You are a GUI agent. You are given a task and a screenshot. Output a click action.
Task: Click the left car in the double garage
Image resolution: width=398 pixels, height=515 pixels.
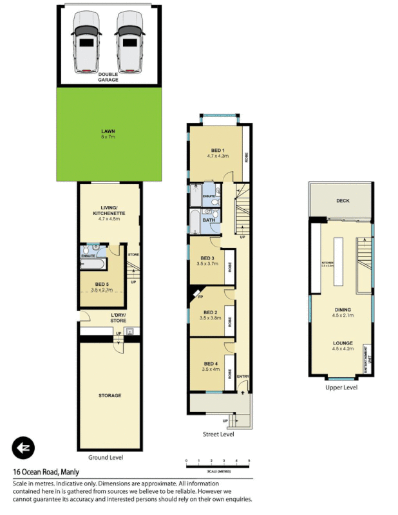[86, 42]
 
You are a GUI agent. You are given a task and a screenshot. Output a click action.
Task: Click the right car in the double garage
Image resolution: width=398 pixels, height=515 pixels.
[129, 42]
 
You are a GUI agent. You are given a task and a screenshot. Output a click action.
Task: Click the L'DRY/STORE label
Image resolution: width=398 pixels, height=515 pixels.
[108, 317]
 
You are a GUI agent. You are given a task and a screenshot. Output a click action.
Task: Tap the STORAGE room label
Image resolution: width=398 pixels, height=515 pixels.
[109, 395]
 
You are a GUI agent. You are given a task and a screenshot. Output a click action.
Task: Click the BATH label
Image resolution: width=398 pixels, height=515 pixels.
[209, 220]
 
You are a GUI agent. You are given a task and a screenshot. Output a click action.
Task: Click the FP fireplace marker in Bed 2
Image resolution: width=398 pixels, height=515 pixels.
[200, 297]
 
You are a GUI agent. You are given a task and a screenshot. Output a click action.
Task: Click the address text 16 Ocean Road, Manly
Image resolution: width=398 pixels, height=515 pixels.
[46, 471]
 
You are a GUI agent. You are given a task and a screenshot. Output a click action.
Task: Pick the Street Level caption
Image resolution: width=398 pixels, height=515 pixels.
[219, 435]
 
